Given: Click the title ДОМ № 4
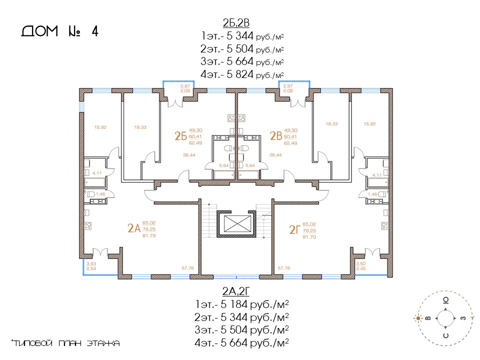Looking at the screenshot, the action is coord(60,31).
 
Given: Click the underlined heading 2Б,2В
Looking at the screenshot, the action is coord(236,22).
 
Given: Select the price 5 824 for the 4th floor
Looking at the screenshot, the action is coord(240,74).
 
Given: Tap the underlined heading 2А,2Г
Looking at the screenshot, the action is coord(236,291).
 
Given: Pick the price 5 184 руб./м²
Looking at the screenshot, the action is coord(254,304).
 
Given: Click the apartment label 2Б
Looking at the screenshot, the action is coord(180,136).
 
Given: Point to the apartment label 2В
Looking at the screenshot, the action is coord(276,136).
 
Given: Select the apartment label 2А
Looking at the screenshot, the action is coord(134,228).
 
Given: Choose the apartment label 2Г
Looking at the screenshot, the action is coord(295,229).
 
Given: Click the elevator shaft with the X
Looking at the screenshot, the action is coord(237,224).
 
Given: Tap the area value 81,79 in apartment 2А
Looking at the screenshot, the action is coord(149,235).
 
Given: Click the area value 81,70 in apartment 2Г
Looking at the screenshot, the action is coord(309,237).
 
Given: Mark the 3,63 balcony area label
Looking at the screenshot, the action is coord(91,263).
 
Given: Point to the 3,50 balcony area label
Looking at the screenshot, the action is coord(360,263).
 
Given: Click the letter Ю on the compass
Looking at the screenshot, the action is coord(446,300).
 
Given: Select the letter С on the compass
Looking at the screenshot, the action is coord(446,336).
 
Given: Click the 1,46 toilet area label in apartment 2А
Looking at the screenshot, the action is coord(100,194).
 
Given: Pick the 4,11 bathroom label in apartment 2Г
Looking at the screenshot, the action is coord(377,175).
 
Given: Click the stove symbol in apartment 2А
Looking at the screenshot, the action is coord(88,226).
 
